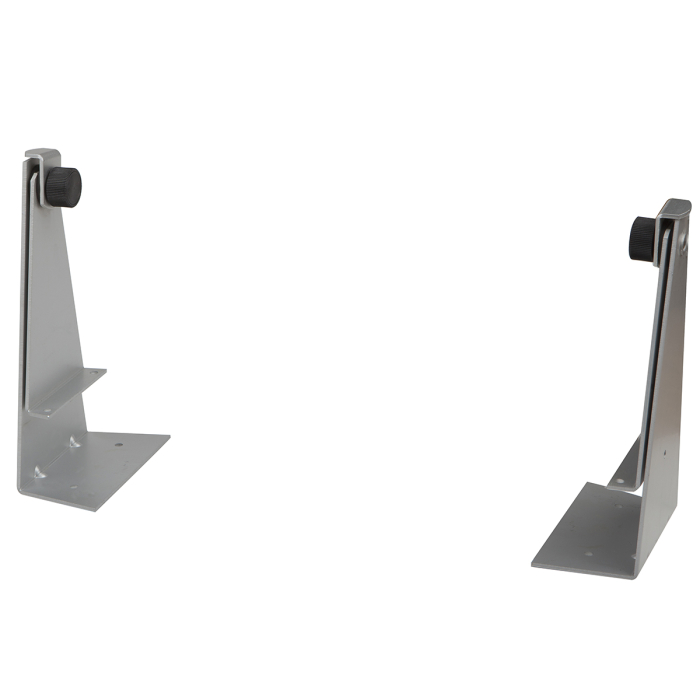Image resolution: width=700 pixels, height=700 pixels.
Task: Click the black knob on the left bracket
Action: tap(66, 186)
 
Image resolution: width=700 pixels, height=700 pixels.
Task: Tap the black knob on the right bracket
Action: tap(643, 236)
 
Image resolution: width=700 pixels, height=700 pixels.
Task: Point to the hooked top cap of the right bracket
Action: tap(674, 209)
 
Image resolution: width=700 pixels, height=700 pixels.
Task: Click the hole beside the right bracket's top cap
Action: tap(683, 241)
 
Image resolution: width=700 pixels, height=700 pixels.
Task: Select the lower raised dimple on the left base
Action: tap(40, 470)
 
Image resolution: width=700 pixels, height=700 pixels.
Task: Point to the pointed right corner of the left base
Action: tap(167, 436)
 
